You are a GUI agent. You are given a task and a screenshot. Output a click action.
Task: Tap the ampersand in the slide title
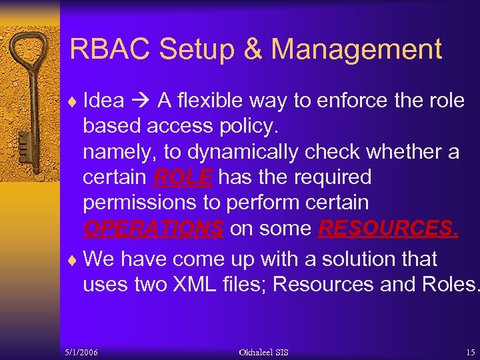pos(253,49)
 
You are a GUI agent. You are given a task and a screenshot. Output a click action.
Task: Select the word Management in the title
pos(357,49)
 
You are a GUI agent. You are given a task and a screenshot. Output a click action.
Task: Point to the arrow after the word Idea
pos(141,101)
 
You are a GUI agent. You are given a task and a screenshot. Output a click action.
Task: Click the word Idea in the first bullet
pos(103,101)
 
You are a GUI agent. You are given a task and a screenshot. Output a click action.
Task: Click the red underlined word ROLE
pos(183,177)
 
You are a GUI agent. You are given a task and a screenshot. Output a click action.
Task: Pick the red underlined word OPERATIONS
pos(153,229)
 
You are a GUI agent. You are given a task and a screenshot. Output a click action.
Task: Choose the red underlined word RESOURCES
pos(388,229)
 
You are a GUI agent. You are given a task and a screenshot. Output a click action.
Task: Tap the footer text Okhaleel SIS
pos(263,352)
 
